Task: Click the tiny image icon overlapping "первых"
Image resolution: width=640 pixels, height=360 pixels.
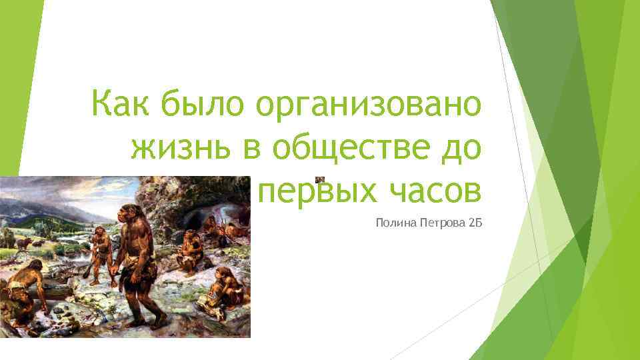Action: pos(320,179)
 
